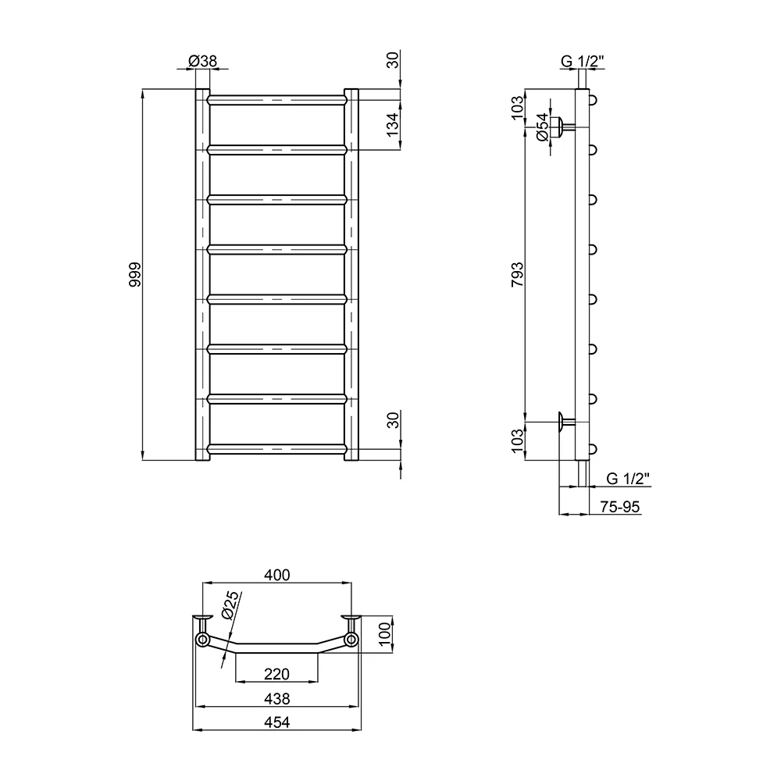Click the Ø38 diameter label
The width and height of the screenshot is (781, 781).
coord(203,61)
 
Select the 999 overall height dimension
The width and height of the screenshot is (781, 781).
coord(135,274)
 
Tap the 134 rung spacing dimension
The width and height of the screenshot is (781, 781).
coord(393,125)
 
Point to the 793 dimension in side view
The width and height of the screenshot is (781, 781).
coord(518,274)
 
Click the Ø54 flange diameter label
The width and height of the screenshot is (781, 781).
coord(543,127)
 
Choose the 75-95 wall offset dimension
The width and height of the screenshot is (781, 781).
coord(619,507)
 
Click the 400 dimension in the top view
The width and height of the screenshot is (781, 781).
coord(277,575)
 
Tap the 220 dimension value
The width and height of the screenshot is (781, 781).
coord(277,674)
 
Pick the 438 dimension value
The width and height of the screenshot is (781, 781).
coord(277,699)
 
